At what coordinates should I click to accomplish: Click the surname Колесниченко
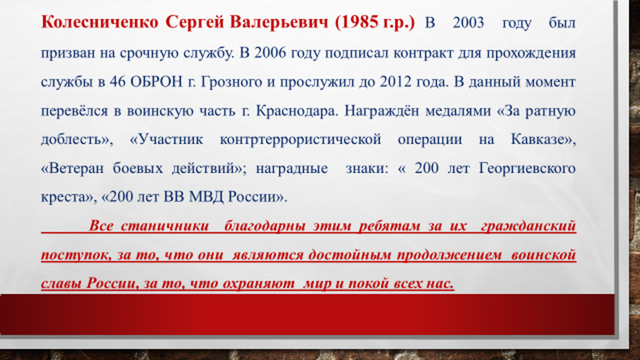100,22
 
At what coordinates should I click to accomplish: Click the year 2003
468,22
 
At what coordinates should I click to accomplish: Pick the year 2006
270,53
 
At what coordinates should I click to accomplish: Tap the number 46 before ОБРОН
117,82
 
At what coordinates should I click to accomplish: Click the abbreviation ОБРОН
157,82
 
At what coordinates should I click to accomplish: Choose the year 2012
395,82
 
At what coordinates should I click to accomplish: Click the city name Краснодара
297,111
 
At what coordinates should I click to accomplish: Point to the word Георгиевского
527,169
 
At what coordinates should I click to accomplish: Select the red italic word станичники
165,226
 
